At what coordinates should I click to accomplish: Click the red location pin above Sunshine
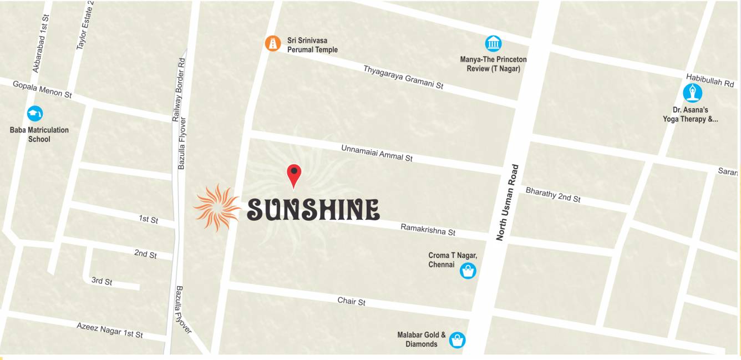[294, 174]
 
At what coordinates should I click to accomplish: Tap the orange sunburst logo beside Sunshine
[216, 207]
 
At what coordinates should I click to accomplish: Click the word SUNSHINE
[313, 209]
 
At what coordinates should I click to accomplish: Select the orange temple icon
[272, 43]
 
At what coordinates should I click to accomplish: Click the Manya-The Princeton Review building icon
[493, 43]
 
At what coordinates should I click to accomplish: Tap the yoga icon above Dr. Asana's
[692, 93]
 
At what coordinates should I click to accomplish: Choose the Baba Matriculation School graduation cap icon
[35, 114]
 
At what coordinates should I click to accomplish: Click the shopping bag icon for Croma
[468, 271]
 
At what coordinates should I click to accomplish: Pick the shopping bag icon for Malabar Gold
[457, 339]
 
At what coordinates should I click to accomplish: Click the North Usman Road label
[508, 202]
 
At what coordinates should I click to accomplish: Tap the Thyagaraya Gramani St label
[403, 77]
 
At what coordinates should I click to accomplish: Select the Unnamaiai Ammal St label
[377, 153]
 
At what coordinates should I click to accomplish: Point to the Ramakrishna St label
[428, 229]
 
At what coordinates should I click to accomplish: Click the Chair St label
[352, 301]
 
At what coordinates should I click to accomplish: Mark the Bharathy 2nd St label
[552, 194]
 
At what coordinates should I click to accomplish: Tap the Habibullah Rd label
[710, 80]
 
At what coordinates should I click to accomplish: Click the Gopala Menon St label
[42, 88]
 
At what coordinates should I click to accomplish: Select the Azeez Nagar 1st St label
[110, 330]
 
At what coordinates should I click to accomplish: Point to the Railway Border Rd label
[179, 89]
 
